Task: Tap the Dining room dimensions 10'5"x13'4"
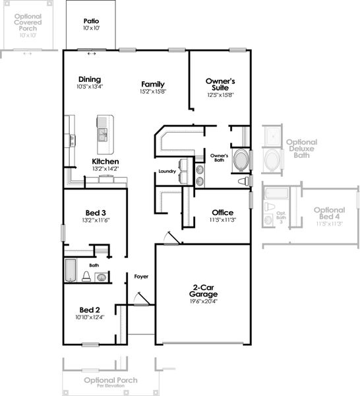coord(90,86)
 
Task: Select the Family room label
coord(153,84)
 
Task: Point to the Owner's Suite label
coord(220,84)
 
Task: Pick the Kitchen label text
coord(105,161)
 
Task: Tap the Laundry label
coord(167,172)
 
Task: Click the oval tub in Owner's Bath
coord(242,160)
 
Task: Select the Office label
coord(222,213)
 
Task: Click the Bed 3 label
coord(94,212)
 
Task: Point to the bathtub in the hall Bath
coord(71,271)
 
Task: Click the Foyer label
coord(141,277)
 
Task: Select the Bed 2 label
coord(90,310)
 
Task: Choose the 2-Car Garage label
coord(203,291)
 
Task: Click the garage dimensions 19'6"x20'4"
coord(203,302)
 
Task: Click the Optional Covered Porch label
coord(28,22)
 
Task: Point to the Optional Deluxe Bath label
coord(301,148)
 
